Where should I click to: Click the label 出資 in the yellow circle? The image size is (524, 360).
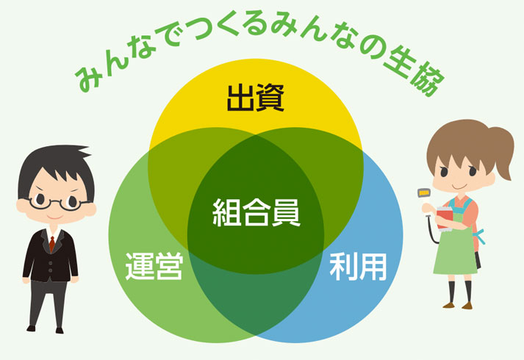point(256,98)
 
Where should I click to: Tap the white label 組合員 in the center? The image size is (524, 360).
point(256,213)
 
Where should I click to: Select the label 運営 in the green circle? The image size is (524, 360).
point(154,266)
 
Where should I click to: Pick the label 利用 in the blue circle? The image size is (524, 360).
point(358,267)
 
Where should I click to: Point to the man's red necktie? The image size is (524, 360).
point(51,243)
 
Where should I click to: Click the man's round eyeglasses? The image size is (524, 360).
point(55,202)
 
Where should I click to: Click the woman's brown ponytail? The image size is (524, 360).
point(501,151)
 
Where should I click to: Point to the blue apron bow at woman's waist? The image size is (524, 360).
point(480,235)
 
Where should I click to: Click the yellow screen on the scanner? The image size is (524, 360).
point(424,192)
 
